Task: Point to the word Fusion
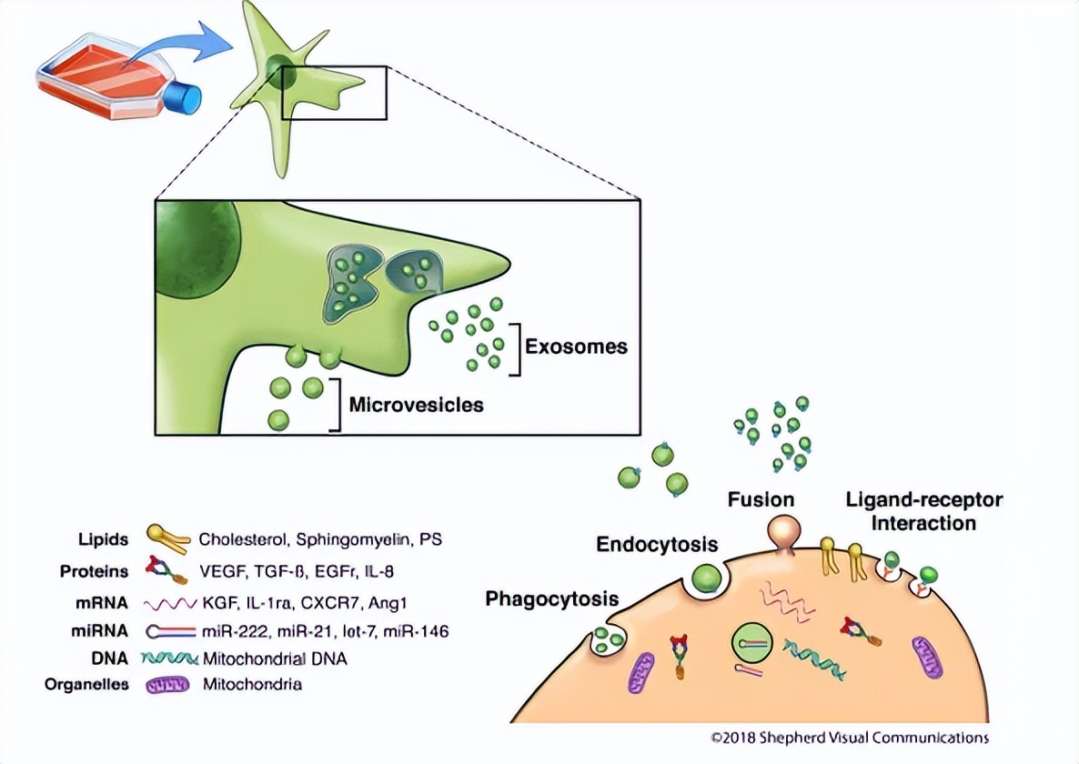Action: tap(761, 499)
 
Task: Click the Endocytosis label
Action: tap(657, 545)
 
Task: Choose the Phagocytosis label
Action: tap(552, 598)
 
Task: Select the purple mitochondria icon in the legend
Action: tap(166, 685)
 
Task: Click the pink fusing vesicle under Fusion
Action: tap(784, 532)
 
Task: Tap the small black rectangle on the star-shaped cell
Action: tap(334, 92)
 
